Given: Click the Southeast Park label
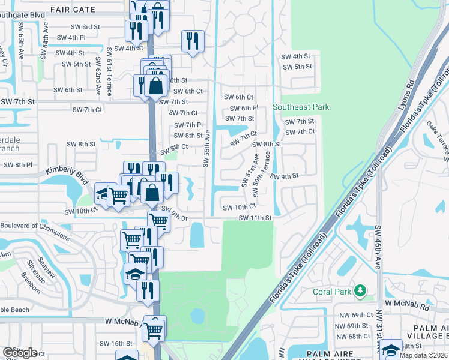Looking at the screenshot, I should (301, 107).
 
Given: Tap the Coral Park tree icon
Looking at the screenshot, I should (360, 291).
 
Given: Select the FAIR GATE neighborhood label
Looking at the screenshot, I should (72, 10).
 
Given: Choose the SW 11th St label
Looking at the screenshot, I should (256, 218).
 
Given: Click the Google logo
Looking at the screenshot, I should (20, 353).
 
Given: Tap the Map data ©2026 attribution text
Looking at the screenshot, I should (423, 355).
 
